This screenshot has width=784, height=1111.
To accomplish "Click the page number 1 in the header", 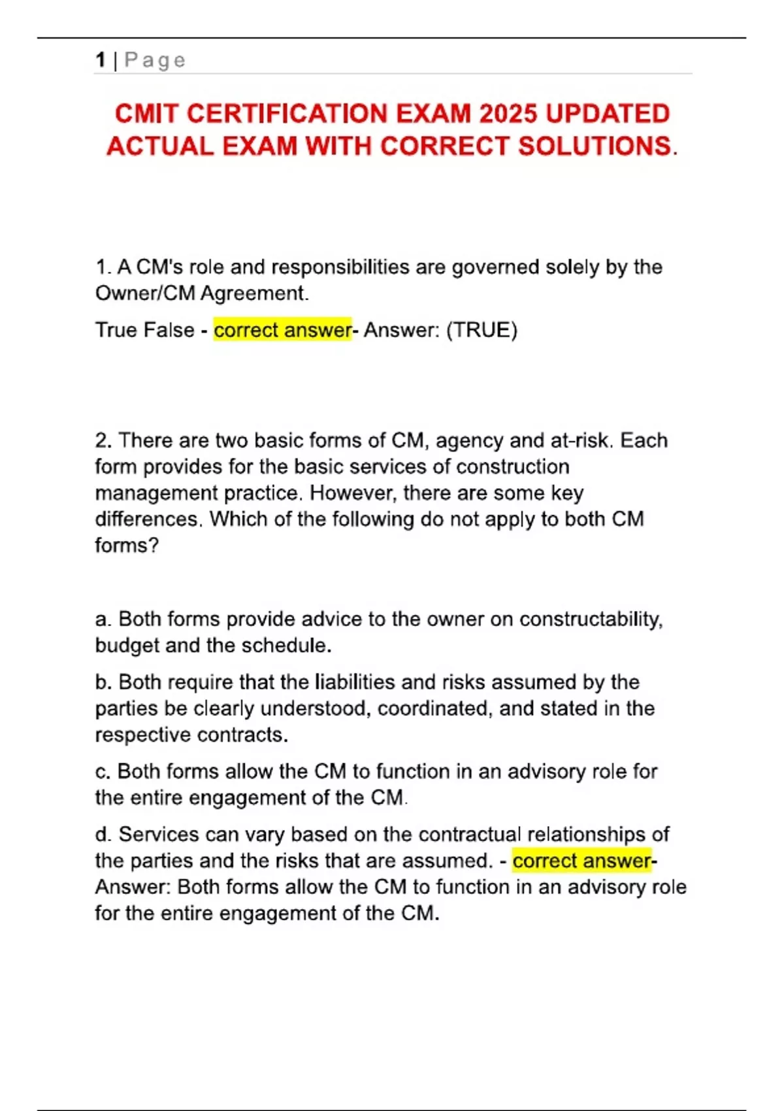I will coord(100,60).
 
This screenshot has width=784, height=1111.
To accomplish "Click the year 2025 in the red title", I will coord(509,114).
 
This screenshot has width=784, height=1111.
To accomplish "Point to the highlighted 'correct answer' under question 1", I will coord(282,330).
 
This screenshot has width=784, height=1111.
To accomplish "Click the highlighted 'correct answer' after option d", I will coord(581,861).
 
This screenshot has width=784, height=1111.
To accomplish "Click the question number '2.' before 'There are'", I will coord(103,440).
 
